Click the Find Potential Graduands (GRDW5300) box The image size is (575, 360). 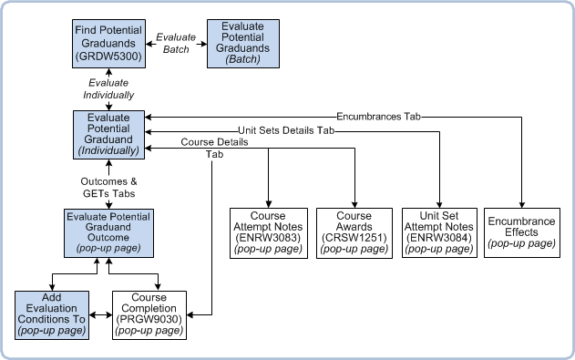109,44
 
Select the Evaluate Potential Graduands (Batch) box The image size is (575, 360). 243,44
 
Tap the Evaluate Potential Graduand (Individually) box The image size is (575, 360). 109,135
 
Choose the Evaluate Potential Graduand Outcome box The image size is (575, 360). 109,233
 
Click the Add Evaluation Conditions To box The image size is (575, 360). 52,315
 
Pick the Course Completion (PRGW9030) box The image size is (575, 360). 149,315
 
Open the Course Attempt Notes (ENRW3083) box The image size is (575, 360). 269,233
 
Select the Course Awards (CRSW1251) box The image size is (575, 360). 354,233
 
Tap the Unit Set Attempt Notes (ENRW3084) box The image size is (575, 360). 439,232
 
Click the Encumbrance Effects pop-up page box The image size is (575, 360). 522,232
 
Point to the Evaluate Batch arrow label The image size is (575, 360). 176,43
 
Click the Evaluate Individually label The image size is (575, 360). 108,88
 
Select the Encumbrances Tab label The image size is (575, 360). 378,117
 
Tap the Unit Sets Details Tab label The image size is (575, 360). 286,130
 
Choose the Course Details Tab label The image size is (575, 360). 214,148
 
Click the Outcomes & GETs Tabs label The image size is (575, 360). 109,188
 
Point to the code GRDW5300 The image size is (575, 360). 108,57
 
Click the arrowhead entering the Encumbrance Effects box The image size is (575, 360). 522,204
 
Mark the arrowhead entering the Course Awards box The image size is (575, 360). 354,204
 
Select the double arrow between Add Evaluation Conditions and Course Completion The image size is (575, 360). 100,315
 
